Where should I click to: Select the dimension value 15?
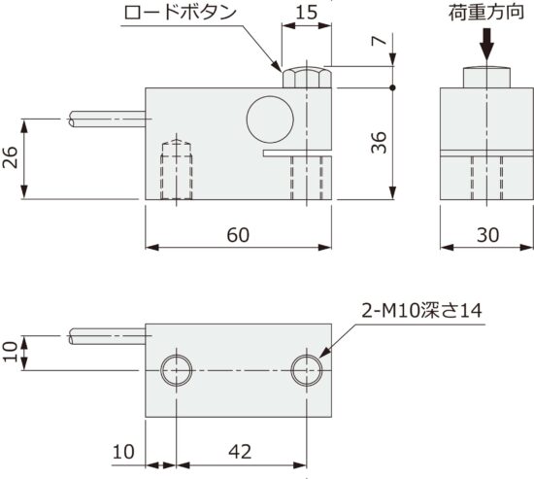click(306, 14)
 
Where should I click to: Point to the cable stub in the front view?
click(107, 120)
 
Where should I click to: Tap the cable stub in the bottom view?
click(107, 337)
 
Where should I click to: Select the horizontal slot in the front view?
click(295, 153)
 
